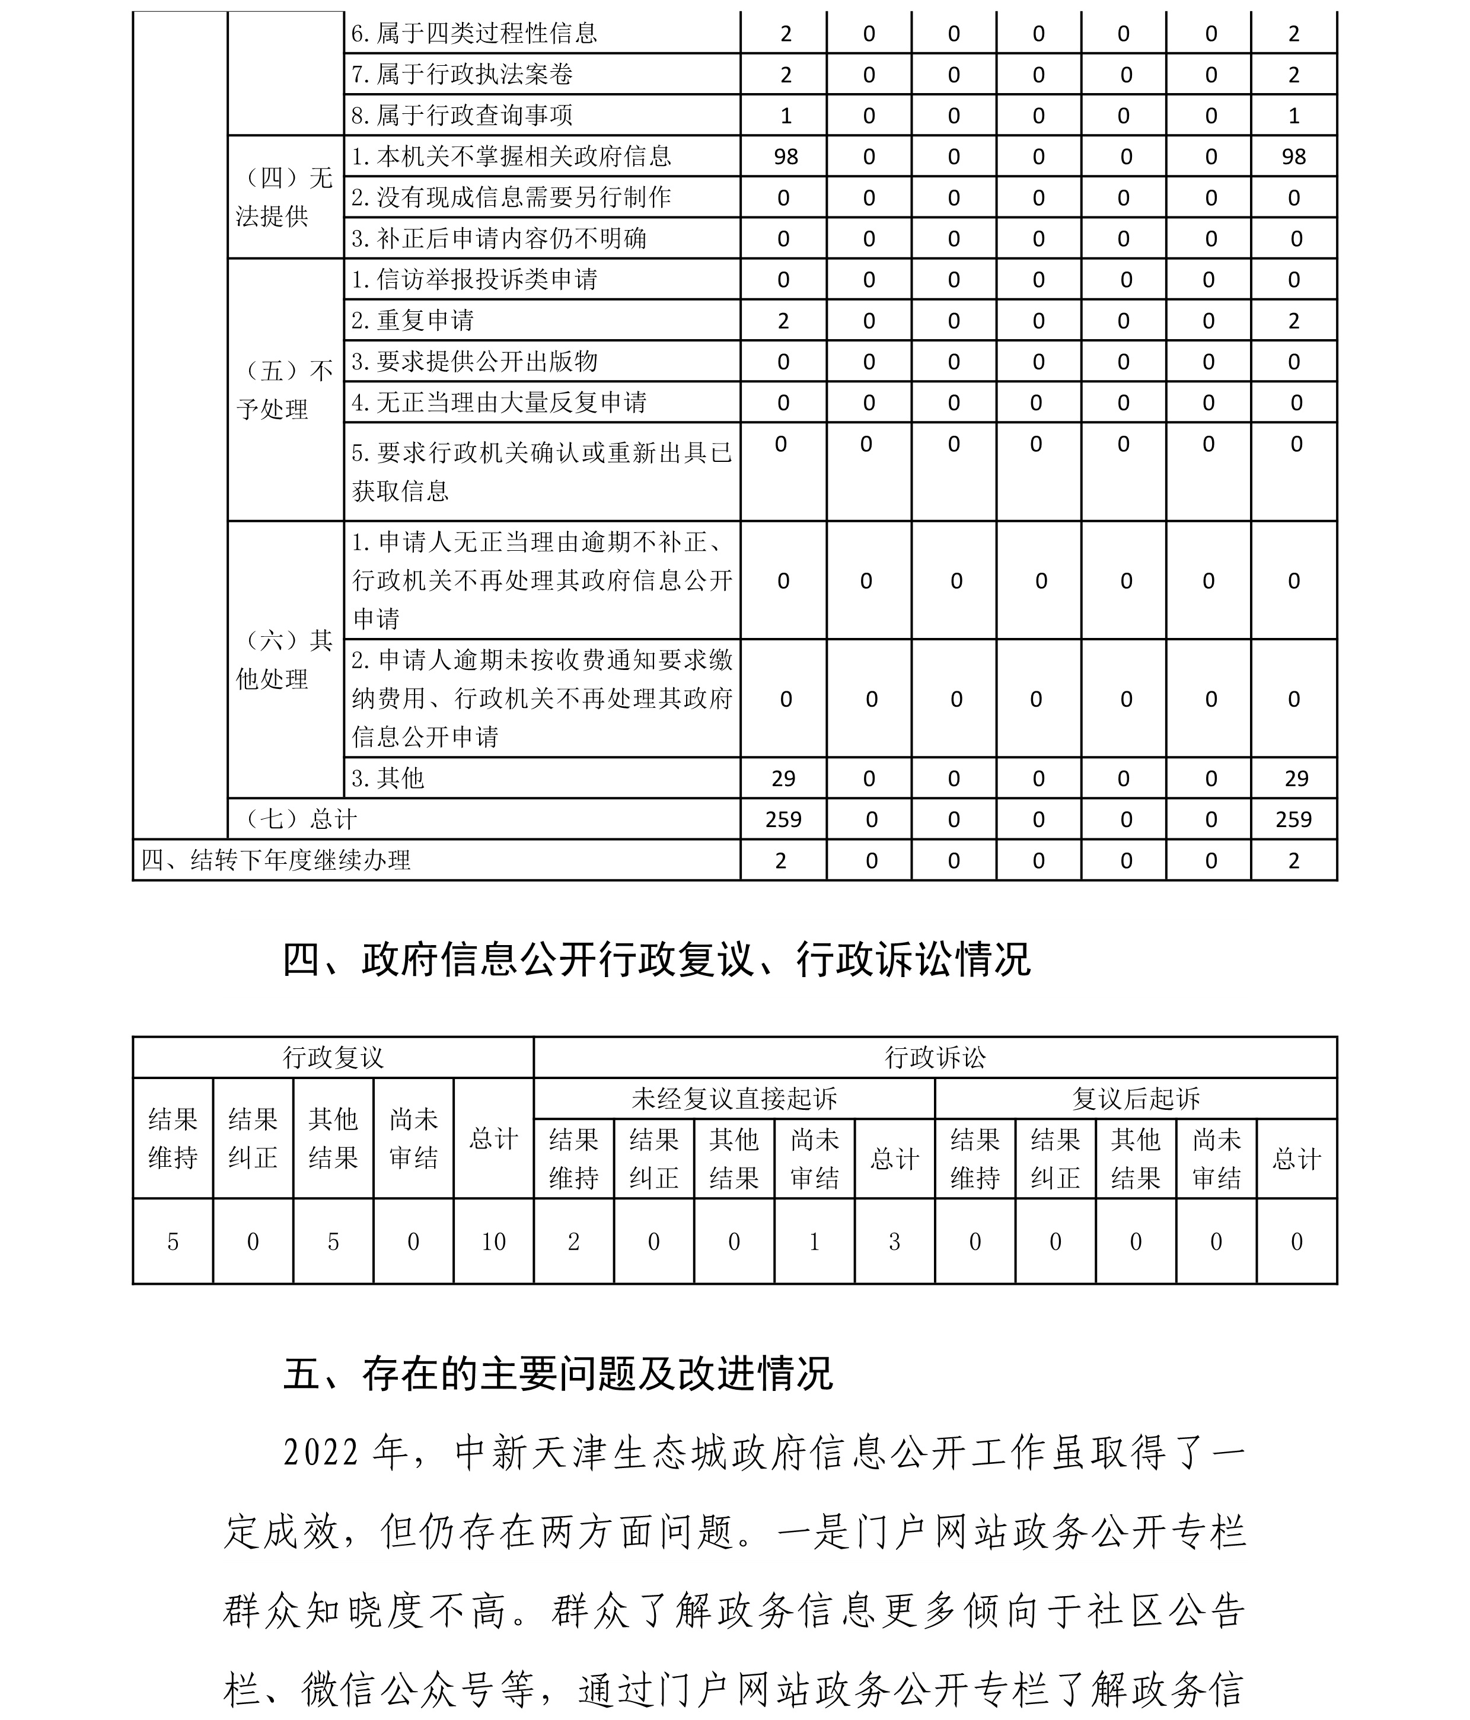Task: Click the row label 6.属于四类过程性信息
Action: click(x=474, y=33)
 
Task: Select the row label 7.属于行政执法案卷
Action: click(x=463, y=75)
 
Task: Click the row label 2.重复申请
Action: click(x=413, y=320)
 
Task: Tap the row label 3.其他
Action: click(x=388, y=778)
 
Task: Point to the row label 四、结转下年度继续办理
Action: click(x=276, y=860)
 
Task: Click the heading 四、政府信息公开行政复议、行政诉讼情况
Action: click(x=656, y=960)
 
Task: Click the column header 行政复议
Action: click(x=333, y=1058)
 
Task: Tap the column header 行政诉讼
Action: click(x=935, y=1058)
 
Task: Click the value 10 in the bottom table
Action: click(x=493, y=1242)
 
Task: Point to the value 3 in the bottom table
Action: click(x=894, y=1242)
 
